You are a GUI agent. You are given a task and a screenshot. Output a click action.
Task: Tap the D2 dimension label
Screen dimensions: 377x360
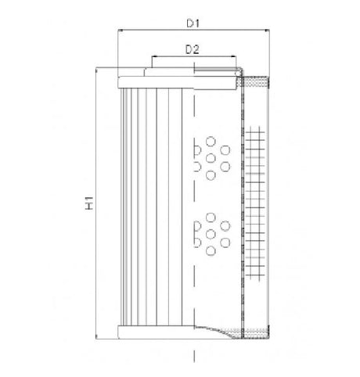(193, 48)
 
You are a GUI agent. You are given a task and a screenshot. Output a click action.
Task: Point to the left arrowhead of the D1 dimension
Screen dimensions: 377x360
(120, 32)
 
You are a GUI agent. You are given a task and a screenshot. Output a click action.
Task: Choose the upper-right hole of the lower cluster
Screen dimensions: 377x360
(225, 225)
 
